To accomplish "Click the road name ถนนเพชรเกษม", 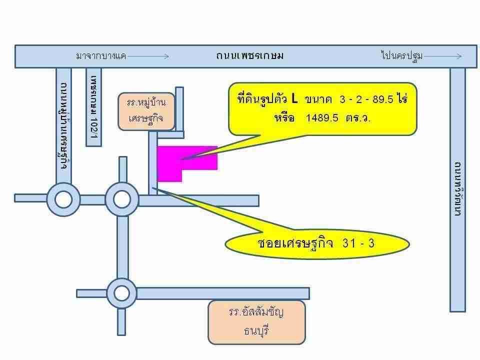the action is [x=250, y=55].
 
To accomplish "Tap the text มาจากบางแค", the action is [x=101, y=55].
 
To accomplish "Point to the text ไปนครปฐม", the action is [x=402, y=55].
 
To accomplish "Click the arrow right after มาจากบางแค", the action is [x=148, y=56].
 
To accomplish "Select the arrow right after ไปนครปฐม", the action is [x=442, y=56].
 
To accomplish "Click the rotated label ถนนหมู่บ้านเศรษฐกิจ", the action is [x=63, y=125].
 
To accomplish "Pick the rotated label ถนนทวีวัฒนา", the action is [x=457, y=189].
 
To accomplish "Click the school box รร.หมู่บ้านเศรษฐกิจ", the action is [x=146, y=111].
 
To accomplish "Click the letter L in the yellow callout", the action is [x=294, y=98].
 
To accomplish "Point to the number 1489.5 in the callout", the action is [x=322, y=117].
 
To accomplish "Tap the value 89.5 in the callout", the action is [x=383, y=99].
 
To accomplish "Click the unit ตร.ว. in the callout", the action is [x=358, y=118].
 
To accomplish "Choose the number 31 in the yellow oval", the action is [x=349, y=243].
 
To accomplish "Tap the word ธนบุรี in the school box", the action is [x=256, y=330].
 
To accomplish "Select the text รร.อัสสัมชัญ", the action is [x=256, y=312].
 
